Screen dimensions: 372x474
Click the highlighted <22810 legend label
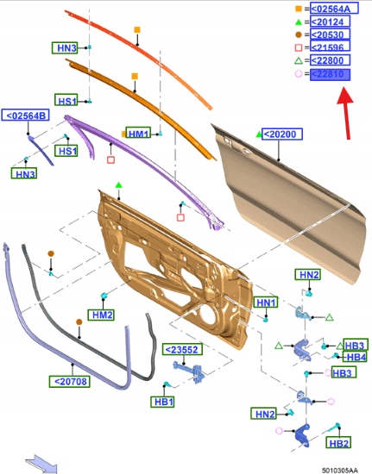coord(330,74)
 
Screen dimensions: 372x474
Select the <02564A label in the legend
coord(334,9)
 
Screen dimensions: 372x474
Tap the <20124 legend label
coord(330,22)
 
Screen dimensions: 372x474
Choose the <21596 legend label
coord(330,47)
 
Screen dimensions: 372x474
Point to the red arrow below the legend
coord(346,113)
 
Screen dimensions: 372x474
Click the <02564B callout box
coord(25,115)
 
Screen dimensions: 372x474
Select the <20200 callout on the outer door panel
coord(282,134)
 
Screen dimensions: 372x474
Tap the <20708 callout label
coord(70,381)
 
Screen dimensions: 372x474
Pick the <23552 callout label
coord(182,349)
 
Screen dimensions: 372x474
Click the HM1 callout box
coord(138,133)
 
